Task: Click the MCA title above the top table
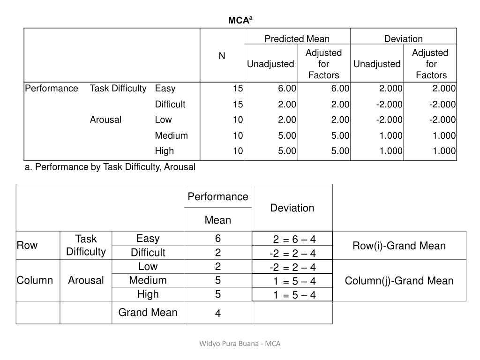coord(240,20)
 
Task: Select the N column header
coord(222,56)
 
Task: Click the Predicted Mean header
coord(297,39)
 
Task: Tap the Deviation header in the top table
coord(403,39)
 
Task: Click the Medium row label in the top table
coord(171,135)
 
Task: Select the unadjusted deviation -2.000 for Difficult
coord(389,104)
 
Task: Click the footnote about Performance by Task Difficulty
coord(110,167)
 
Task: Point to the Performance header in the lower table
coord(218,196)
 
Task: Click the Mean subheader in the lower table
coord(218,220)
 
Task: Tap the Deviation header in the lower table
coord(292,208)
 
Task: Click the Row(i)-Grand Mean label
coord(399,246)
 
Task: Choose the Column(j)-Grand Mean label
coord(399,281)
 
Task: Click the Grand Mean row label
coord(148,312)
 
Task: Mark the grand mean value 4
coord(218,314)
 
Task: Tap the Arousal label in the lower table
coord(86,280)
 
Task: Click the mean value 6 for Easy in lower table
coord(218,239)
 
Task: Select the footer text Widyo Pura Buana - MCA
coord(240,344)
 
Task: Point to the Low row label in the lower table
coord(148,266)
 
